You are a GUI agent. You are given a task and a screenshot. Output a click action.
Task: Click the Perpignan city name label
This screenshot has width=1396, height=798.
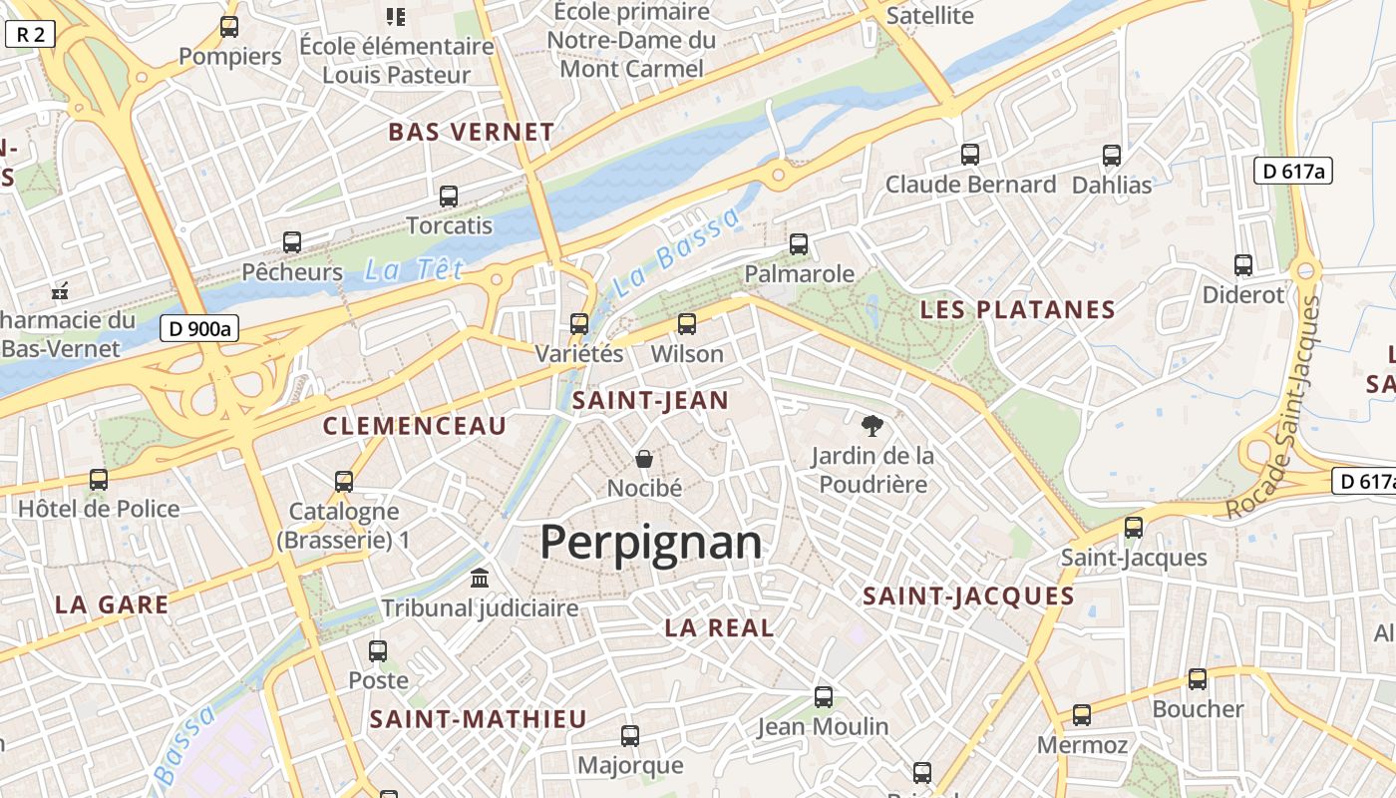[650, 543]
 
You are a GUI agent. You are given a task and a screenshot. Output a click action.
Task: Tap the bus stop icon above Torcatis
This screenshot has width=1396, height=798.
[449, 197]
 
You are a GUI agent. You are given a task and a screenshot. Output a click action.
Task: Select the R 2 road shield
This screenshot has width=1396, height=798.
[30, 35]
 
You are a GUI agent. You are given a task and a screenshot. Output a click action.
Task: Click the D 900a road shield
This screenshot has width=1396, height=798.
[199, 328]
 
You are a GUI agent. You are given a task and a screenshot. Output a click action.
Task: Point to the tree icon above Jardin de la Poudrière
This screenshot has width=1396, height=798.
[872, 427]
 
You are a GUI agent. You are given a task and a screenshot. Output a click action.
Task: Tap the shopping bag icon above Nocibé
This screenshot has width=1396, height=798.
[644, 459]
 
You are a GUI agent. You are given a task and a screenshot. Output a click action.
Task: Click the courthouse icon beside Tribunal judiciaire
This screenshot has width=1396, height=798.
[480, 579]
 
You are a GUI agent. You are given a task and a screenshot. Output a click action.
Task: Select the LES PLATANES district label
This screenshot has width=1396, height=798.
[1017, 309]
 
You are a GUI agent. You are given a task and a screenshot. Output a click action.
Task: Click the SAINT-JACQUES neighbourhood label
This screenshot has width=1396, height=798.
[968, 597]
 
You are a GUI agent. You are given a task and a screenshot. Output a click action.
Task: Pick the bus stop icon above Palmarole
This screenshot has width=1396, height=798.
[799, 244]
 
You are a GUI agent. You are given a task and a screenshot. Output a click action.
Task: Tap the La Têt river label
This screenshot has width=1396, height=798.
[414, 269]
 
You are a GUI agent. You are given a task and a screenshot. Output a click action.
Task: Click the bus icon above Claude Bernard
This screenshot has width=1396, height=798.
[970, 155]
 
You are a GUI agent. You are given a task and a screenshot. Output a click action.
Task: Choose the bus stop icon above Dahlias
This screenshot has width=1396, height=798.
[1112, 156]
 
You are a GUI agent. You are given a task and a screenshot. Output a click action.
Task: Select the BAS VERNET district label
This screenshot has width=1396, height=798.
[471, 132]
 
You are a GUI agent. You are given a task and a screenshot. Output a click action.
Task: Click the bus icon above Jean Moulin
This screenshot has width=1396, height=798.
[824, 697]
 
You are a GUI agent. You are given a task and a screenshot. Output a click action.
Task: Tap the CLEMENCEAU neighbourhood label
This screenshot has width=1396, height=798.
[415, 426]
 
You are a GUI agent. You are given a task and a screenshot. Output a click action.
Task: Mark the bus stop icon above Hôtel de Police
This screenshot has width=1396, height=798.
[99, 480]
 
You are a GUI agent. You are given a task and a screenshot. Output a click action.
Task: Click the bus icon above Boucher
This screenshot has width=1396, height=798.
[1198, 679]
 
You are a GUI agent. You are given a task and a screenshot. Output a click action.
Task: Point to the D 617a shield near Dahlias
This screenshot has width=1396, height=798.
[1292, 171]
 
